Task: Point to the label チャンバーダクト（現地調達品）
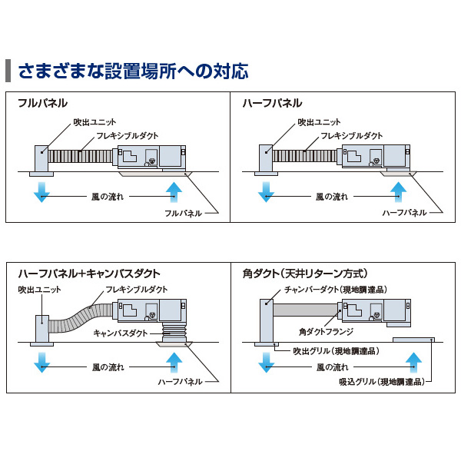coord(334,289)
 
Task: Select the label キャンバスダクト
coord(121,333)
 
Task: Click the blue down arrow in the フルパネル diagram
coord(41,191)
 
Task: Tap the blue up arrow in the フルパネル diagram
coord(175,191)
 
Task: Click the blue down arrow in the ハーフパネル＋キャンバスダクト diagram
coord(41,361)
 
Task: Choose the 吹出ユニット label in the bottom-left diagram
coord(35,290)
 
